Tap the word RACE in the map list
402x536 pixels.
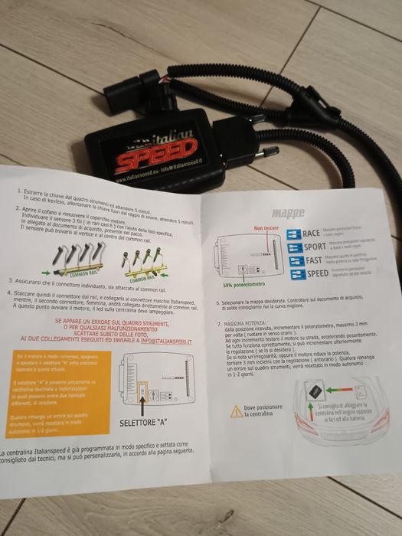pos(312,234)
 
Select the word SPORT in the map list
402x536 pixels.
pos(313,247)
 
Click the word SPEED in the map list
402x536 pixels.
pos(317,273)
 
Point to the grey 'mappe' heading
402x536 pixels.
pos(288,212)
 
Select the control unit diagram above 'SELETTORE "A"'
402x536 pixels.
pos(145,380)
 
